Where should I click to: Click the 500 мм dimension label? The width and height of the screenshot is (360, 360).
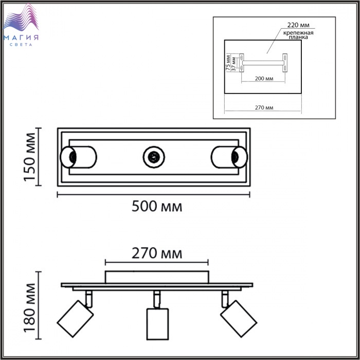157,206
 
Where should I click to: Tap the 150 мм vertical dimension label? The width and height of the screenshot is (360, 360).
30,157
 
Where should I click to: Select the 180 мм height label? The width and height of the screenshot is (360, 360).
30,308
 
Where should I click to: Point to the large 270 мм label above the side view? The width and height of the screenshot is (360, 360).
157,254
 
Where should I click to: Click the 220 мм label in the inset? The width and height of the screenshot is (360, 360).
298,25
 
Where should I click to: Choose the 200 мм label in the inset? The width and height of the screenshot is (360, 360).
264,79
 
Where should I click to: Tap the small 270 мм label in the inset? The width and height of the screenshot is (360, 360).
264,107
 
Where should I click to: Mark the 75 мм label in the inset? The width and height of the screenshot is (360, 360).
228,63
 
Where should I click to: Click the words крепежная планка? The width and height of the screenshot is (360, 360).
298,35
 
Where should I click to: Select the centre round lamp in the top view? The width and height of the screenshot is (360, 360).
154,157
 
